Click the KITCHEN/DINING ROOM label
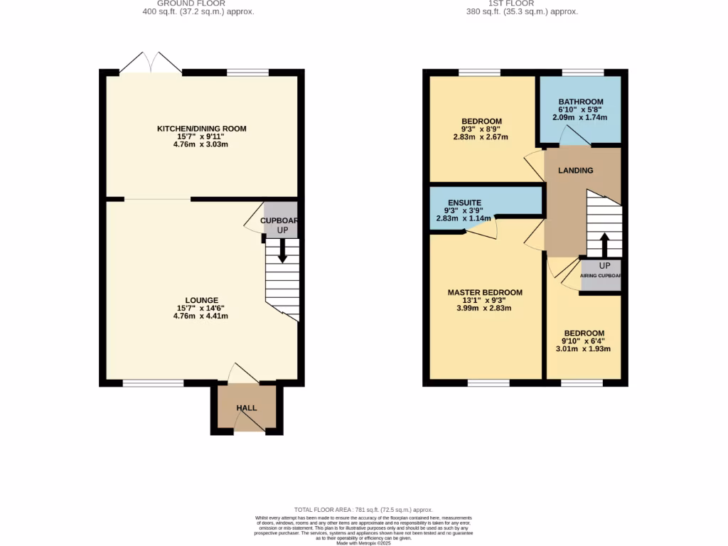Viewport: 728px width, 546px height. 202,129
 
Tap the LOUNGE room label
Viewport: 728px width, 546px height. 202,300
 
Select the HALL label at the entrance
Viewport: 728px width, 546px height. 246,407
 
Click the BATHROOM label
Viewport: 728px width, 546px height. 581,102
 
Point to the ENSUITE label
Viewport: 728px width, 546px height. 464,203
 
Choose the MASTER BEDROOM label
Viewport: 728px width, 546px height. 485,292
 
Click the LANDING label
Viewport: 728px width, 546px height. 575,171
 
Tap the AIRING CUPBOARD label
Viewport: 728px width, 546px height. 601,275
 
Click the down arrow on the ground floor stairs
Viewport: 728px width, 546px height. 283,251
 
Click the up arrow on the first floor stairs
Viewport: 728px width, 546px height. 604,245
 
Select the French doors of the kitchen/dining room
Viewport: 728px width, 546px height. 151,63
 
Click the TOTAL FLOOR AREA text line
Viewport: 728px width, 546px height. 363,510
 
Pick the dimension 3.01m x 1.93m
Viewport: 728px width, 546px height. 584,349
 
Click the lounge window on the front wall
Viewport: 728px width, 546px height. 153,383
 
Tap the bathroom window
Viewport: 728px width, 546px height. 583,73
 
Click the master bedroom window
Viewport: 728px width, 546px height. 488,383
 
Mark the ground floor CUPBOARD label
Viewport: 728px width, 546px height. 279,220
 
